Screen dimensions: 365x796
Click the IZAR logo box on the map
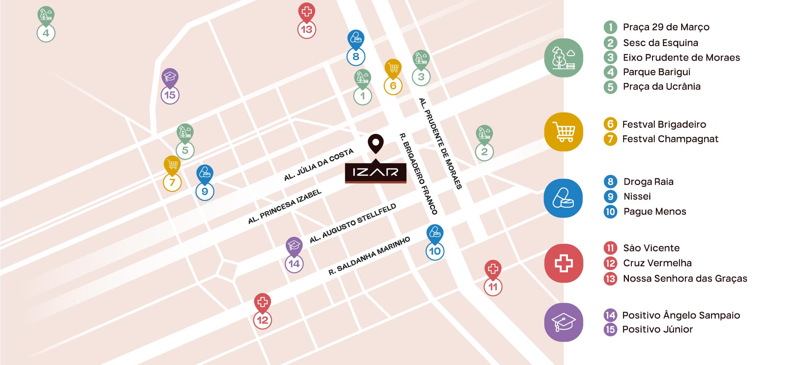click(376, 172)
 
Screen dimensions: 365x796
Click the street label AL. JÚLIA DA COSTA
click(318, 165)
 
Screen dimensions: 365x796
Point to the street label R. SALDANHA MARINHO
click(369, 256)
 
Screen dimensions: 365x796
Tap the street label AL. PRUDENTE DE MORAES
click(440, 144)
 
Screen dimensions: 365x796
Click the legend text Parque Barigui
click(656, 72)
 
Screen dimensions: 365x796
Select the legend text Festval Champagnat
click(670, 139)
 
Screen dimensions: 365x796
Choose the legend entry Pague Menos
click(655, 212)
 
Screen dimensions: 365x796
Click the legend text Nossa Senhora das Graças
click(685, 278)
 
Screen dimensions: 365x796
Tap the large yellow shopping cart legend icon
click(563, 132)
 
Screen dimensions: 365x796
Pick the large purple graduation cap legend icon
click(563, 322)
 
